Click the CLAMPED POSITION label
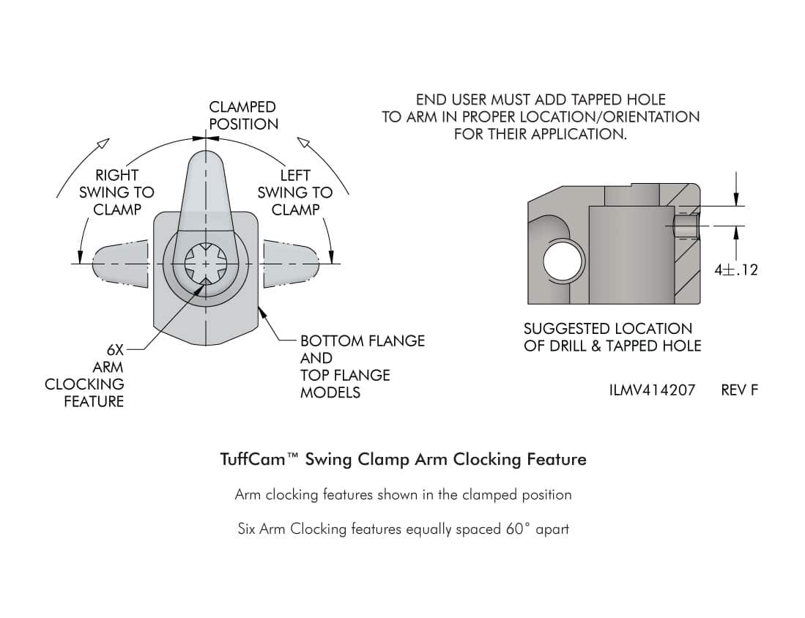pyautogui.click(x=243, y=116)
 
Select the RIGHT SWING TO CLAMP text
pyautogui.click(x=116, y=193)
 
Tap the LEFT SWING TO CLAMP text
pyautogui.click(x=295, y=193)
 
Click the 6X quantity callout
pyautogui.click(x=115, y=350)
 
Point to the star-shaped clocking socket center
pyautogui.click(x=205, y=264)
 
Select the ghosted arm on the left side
pyautogui.click(x=120, y=264)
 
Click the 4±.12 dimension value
pyautogui.click(x=735, y=269)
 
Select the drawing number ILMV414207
pyautogui.click(x=652, y=390)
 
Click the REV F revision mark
pyautogui.click(x=739, y=390)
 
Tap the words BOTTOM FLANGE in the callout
pyautogui.click(x=363, y=340)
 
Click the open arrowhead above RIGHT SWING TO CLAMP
pyautogui.click(x=103, y=144)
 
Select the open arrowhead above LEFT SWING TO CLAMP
pyautogui.click(x=304, y=143)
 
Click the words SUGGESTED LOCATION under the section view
pyautogui.click(x=608, y=329)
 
